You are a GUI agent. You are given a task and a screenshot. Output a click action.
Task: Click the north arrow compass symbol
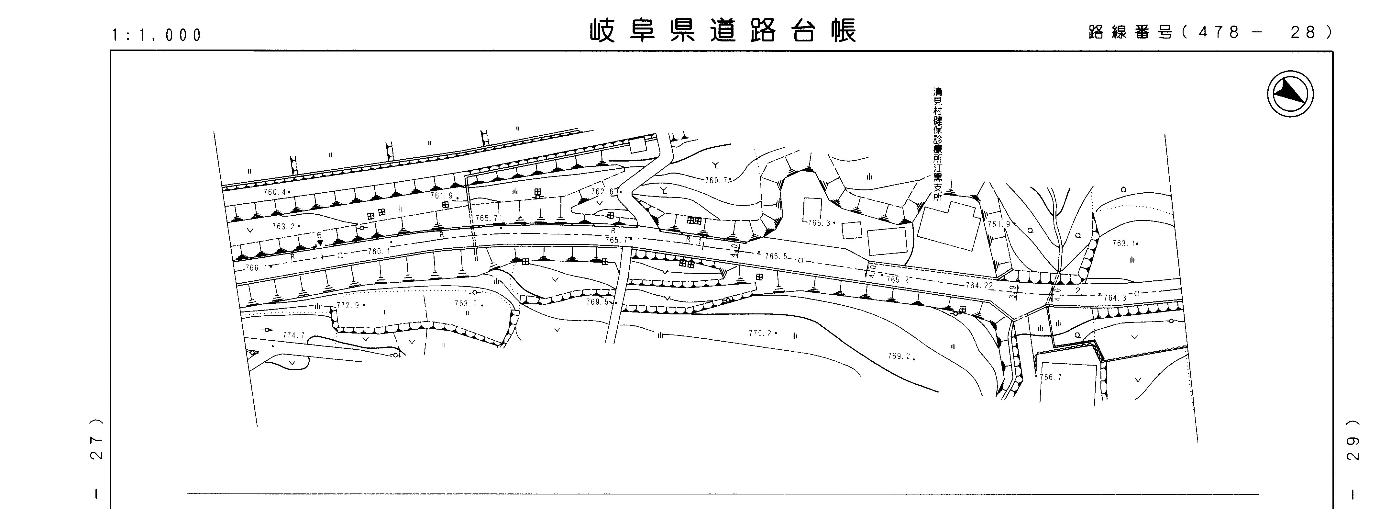1290,94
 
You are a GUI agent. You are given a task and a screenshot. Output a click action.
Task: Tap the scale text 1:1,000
157,35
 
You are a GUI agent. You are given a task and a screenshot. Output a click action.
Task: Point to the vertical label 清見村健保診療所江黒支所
938,144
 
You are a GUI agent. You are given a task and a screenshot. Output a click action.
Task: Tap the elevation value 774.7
294,335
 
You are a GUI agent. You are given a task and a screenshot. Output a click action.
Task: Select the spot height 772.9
348,305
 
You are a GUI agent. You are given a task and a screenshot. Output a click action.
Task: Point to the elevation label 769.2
899,356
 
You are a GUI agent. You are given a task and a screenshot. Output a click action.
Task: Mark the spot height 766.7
1050,377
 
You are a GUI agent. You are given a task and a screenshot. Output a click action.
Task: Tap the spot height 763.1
1123,244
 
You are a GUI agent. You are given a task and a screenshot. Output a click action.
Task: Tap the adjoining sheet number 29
1353,440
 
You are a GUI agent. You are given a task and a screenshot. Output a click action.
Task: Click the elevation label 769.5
597,302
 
